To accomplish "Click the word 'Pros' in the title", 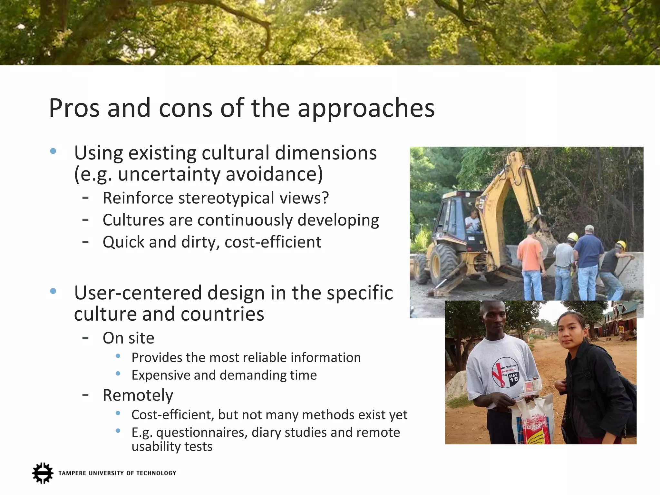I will [x=74, y=108].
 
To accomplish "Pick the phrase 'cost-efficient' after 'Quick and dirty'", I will [x=273, y=242].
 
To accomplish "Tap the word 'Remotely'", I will [x=138, y=395].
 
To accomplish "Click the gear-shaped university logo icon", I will [x=43, y=473].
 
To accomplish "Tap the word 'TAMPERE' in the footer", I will [x=72, y=473].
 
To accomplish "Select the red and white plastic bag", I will [x=532, y=422].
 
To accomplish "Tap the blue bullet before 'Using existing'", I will [x=53, y=151].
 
